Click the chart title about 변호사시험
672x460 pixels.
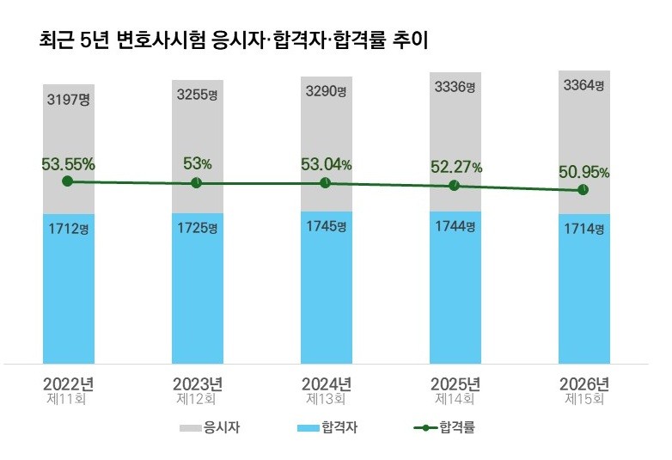click(235, 40)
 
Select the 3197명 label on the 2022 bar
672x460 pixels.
click(68, 101)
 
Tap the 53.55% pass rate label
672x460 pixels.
click(68, 163)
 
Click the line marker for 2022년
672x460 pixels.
click(67, 181)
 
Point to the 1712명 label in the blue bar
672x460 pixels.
click(68, 230)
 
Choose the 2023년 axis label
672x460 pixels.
click(198, 383)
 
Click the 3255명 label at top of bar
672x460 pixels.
click(198, 96)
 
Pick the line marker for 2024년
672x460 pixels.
click(325, 183)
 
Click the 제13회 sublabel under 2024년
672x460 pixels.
click(326, 400)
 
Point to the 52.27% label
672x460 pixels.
click(455, 167)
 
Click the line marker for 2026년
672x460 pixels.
click(583, 190)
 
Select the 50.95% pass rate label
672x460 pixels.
click(583, 172)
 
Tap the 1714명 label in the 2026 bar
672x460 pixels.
click(583, 229)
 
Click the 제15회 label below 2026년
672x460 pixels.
click(584, 400)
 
